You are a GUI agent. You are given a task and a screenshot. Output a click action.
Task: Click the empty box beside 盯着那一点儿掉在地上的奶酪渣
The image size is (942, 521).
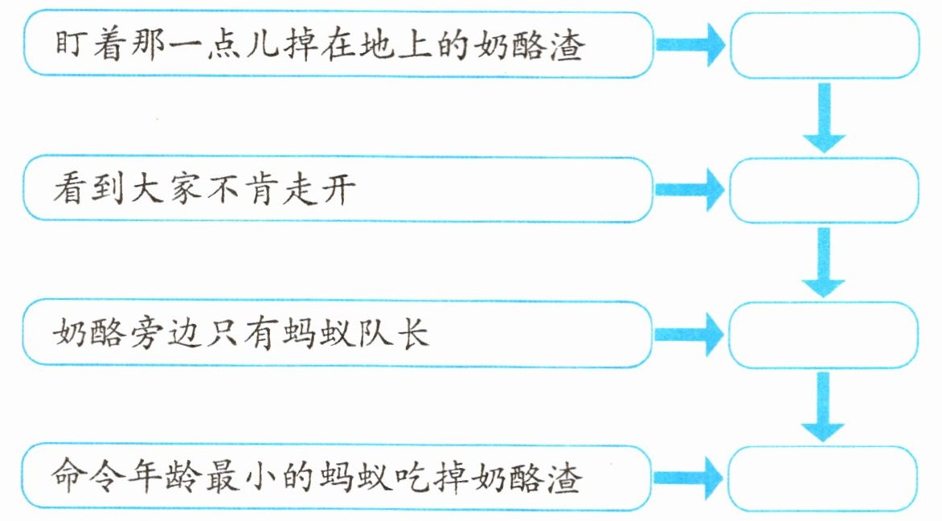[x=823, y=45]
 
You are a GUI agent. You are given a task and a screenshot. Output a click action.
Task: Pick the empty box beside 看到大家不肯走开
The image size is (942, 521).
[x=823, y=190]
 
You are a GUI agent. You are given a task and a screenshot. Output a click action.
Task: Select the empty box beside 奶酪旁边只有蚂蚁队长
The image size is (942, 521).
[x=823, y=333]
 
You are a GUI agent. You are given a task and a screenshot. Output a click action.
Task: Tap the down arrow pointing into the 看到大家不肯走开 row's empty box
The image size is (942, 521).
[x=824, y=118]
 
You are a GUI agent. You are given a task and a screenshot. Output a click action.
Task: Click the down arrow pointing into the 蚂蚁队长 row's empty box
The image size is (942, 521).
[x=824, y=262]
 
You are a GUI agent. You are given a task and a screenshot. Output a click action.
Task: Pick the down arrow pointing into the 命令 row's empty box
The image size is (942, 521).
[x=824, y=406]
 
